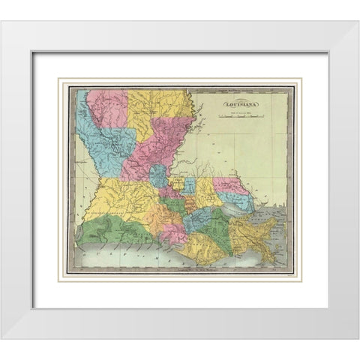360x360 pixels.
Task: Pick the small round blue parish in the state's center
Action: (157, 177)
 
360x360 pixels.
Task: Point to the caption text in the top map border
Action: (180, 87)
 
